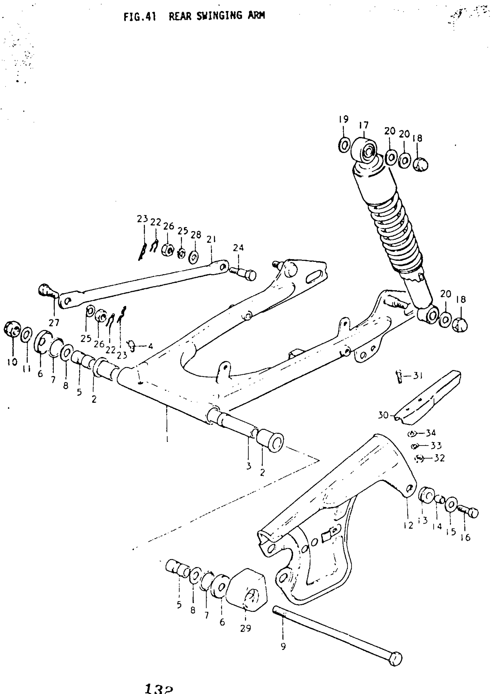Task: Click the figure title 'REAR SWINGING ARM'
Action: tap(217, 16)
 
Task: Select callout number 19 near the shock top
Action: tap(344, 119)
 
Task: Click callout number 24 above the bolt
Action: tap(238, 248)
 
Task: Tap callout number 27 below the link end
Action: tap(54, 323)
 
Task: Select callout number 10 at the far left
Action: tap(12, 362)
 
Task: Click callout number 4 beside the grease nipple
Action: tap(150, 346)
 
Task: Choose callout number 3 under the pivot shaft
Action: tap(249, 466)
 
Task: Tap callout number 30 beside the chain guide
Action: tap(383, 415)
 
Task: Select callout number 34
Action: tap(430, 433)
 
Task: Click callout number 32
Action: tap(439, 458)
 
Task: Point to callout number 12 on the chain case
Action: tap(409, 525)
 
